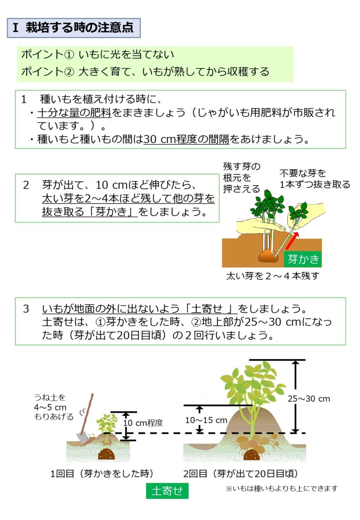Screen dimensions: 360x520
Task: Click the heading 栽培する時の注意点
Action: (79, 28)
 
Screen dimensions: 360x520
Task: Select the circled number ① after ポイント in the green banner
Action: (69, 55)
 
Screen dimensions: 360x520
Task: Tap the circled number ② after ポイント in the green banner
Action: (69, 72)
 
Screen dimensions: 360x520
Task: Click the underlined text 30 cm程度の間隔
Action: (186, 139)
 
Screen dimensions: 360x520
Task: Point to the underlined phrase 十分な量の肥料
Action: (74, 113)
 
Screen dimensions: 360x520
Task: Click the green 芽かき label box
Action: (303, 259)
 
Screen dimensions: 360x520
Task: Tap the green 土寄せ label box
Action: (167, 491)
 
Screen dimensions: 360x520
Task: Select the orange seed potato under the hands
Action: (268, 256)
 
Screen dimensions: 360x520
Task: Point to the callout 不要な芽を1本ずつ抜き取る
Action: (315, 179)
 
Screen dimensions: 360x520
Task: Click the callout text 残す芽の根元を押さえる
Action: (242, 178)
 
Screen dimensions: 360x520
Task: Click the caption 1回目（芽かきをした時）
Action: (102, 473)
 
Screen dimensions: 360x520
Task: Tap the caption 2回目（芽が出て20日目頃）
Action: (240, 473)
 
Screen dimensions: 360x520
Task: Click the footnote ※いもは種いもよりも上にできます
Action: (282, 489)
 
